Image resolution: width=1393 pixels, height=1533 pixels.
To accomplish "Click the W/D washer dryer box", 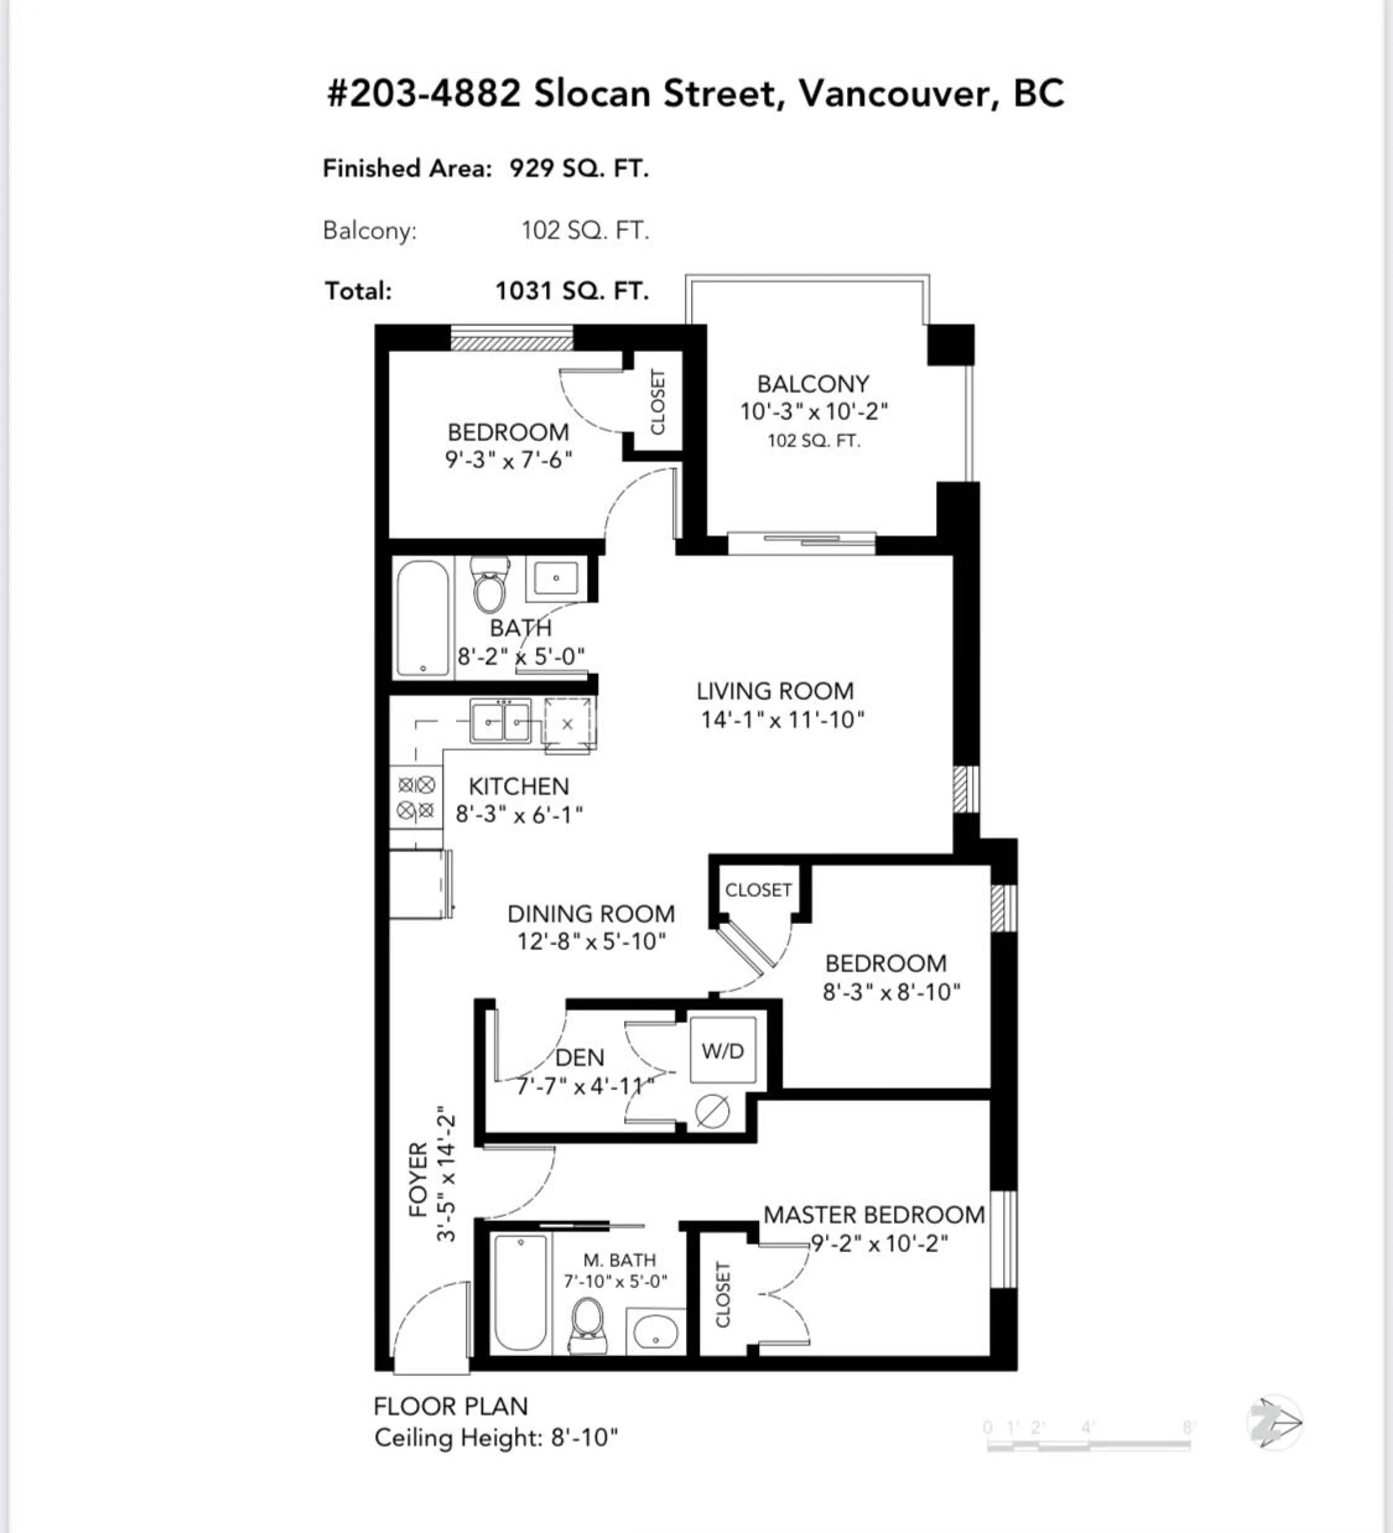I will click(x=722, y=1051).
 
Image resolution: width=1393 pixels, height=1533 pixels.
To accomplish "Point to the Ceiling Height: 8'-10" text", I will click(x=496, y=1438).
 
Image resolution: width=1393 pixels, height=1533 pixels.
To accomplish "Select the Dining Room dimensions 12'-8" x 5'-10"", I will click(x=592, y=941).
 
